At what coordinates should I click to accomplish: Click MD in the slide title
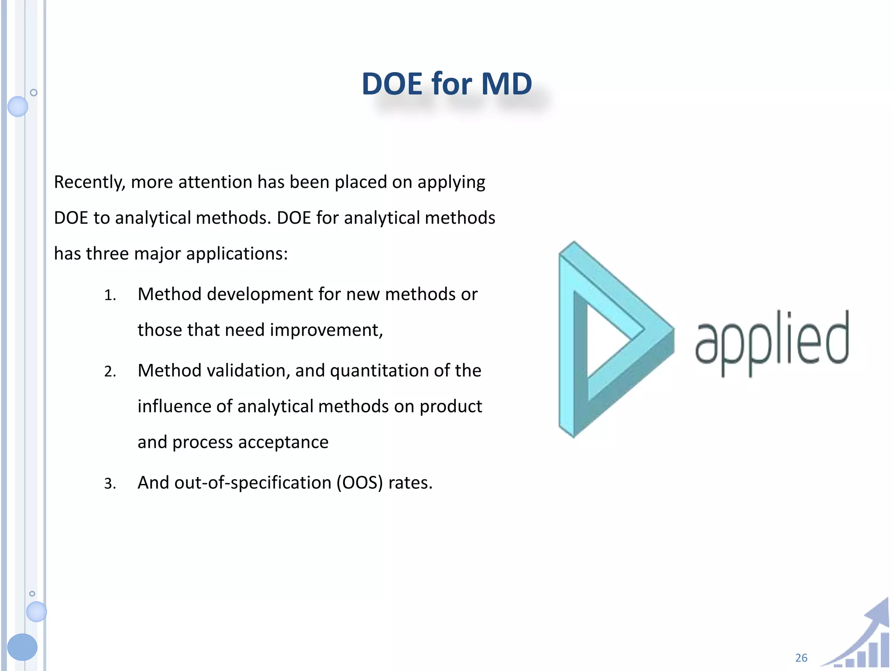click(x=506, y=84)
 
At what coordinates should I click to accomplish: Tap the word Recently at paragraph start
click(x=89, y=182)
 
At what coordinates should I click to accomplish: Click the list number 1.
click(x=110, y=296)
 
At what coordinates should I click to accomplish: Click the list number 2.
click(x=110, y=372)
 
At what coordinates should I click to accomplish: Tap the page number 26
click(x=801, y=658)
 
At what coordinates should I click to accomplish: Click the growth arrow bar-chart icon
click(x=862, y=638)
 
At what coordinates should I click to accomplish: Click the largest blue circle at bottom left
click(x=22, y=647)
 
